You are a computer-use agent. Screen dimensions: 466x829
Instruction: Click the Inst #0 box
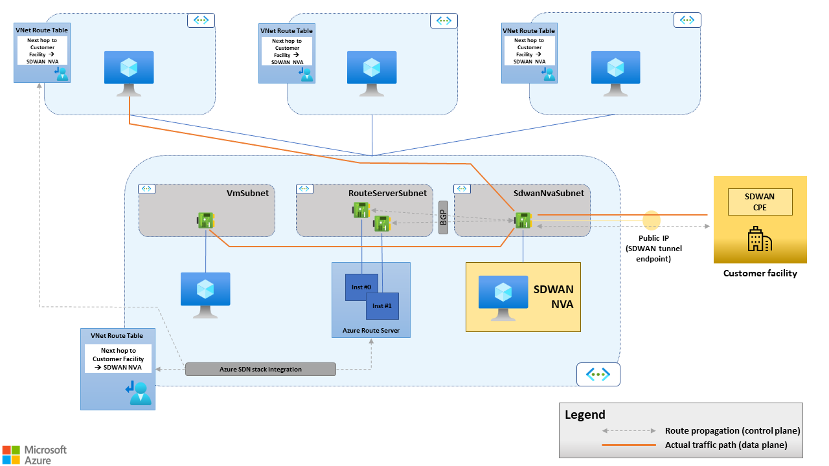pyautogui.click(x=357, y=287)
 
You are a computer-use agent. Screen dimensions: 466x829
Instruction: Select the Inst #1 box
pyautogui.click(x=382, y=306)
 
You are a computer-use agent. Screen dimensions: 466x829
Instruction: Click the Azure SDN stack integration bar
pyautogui.click(x=260, y=370)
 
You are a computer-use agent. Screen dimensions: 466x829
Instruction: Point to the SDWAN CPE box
pyautogui.click(x=760, y=202)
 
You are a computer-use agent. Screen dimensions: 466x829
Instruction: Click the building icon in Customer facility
pyautogui.click(x=759, y=239)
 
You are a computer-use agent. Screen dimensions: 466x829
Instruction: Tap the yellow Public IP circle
pyautogui.click(x=651, y=220)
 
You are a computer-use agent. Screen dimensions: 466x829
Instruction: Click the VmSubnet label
pyautogui.click(x=248, y=193)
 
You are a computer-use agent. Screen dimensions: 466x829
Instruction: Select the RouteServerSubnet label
pyautogui.click(x=387, y=193)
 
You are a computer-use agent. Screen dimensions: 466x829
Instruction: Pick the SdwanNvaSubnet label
pyautogui.click(x=549, y=193)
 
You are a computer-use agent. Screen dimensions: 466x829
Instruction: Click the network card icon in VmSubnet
pyautogui.click(x=206, y=221)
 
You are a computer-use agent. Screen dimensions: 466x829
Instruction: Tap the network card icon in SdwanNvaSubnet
pyautogui.click(x=523, y=220)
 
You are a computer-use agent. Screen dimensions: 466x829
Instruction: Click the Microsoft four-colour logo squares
pyautogui.click(x=11, y=454)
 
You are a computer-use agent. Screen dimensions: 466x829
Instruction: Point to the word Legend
pyautogui.click(x=585, y=415)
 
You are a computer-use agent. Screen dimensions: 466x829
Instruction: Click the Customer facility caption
pyautogui.click(x=760, y=274)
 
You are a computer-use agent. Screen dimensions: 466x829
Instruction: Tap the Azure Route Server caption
pyautogui.click(x=371, y=331)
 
